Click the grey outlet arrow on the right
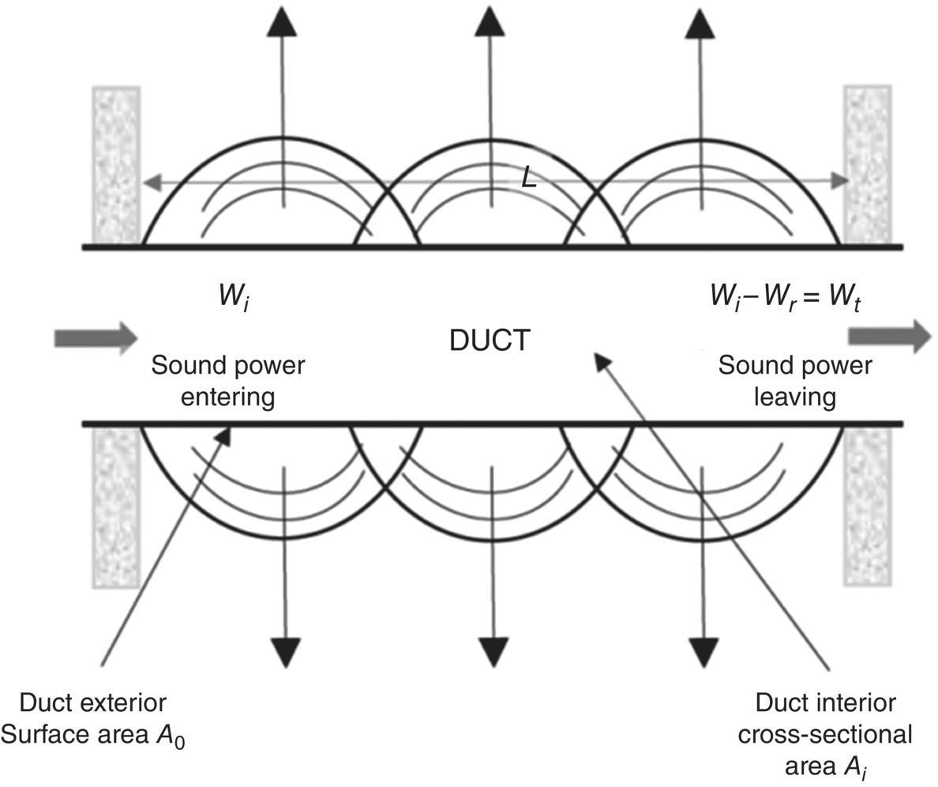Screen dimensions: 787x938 (x=889, y=336)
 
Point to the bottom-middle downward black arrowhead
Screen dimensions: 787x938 (x=493, y=650)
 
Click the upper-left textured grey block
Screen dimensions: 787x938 (x=117, y=164)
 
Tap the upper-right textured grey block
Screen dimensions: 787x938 (x=868, y=164)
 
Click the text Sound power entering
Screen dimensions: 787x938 (x=227, y=381)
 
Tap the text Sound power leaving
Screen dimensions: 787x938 (x=794, y=381)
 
